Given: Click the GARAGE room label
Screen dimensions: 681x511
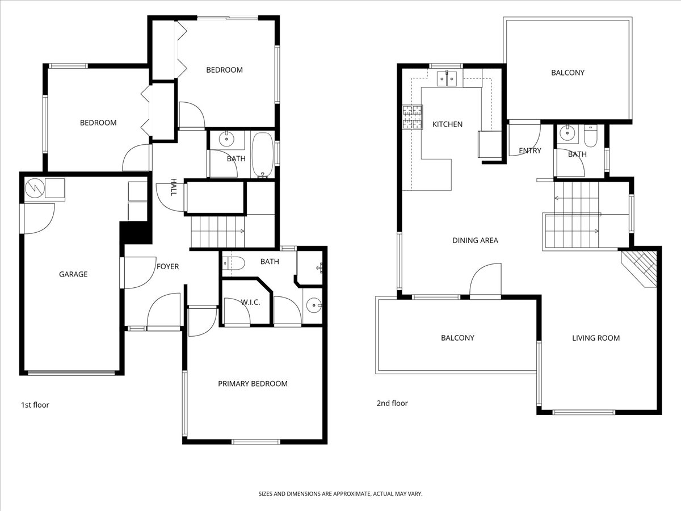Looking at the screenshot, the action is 73,274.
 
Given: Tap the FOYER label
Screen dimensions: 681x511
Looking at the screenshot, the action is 167,266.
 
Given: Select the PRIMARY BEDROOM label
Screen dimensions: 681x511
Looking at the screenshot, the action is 253,384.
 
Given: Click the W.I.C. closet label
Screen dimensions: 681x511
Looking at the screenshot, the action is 250,302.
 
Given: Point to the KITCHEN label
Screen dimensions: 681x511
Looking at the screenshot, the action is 447,124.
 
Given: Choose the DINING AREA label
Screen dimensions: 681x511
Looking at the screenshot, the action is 476,240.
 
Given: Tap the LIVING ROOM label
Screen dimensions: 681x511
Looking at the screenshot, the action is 596,338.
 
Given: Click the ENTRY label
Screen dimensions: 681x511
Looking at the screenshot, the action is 530,151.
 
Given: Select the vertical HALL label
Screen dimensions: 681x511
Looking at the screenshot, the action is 174,187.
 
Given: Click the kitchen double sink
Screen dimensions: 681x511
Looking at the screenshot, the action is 447,78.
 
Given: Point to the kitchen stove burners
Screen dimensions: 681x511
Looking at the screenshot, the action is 413,118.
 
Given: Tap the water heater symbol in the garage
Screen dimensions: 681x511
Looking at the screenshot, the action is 35,188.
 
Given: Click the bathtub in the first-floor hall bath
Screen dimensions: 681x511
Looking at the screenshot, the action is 263,155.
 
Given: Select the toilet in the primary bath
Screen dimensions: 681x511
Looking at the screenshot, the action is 234,263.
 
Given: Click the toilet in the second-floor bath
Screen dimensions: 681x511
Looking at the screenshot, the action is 590,136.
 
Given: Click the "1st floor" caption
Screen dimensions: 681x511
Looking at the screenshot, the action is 35,405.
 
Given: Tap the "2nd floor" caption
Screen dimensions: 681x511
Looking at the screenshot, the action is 392,403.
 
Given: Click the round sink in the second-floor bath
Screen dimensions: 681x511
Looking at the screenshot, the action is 567,133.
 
